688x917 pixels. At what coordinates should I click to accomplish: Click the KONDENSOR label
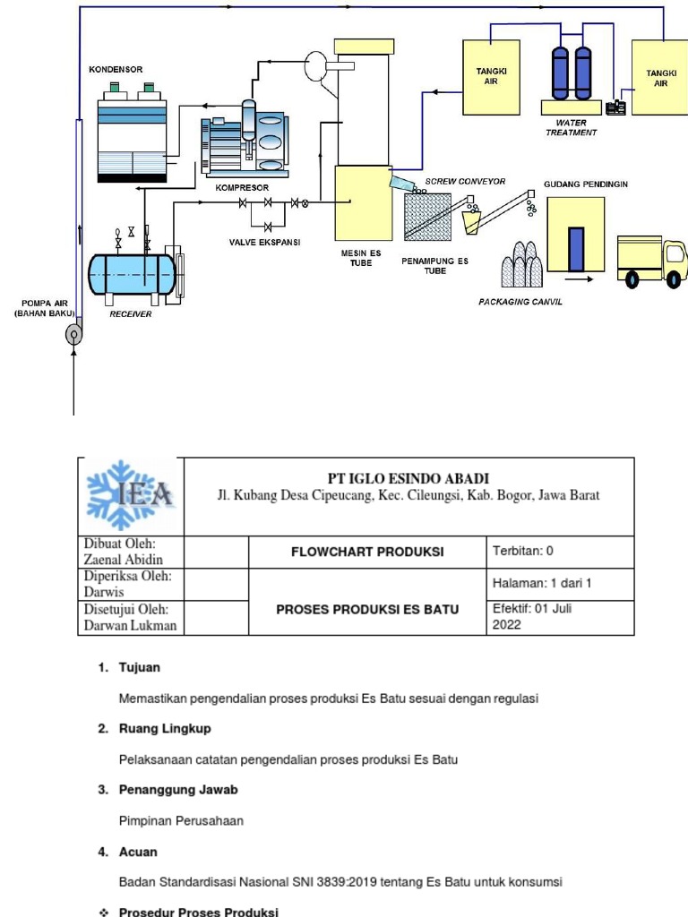click(115, 69)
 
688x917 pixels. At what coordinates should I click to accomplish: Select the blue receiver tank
click(132, 273)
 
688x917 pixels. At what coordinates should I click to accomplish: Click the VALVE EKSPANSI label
click(264, 243)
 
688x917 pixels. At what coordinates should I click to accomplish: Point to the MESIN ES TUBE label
click(361, 258)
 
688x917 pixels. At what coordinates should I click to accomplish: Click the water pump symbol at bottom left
click(73, 336)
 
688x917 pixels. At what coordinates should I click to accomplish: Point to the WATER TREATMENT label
click(571, 127)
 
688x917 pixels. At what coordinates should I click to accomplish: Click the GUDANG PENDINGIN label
click(586, 184)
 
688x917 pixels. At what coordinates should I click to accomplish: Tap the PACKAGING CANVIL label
click(520, 302)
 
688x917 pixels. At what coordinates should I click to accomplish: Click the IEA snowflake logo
click(131, 495)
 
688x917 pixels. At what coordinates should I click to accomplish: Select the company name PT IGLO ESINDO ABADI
click(408, 478)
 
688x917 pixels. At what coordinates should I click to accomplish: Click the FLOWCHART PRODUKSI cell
click(367, 552)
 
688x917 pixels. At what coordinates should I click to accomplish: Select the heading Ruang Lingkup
click(165, 728)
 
